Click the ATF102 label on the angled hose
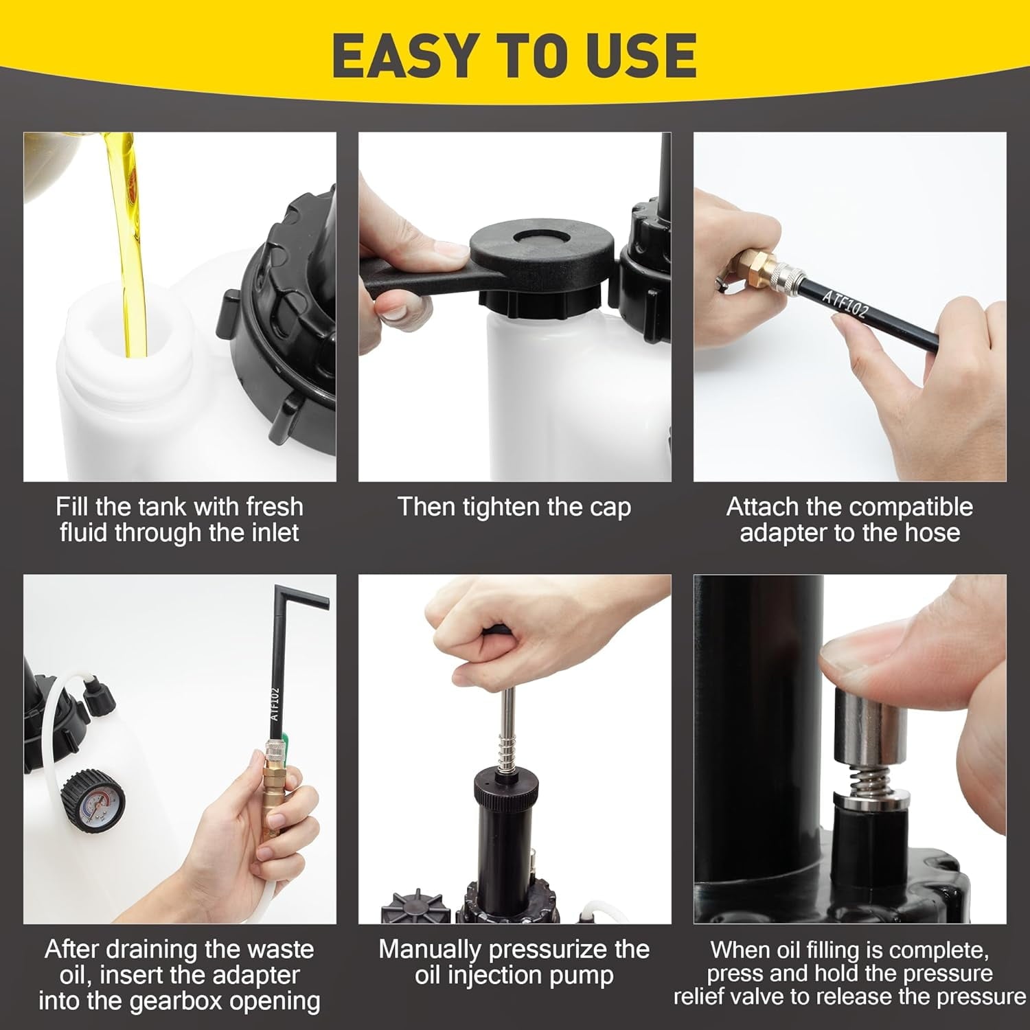click(x=846, y=302)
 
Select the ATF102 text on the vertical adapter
click(x=275, y=704)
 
